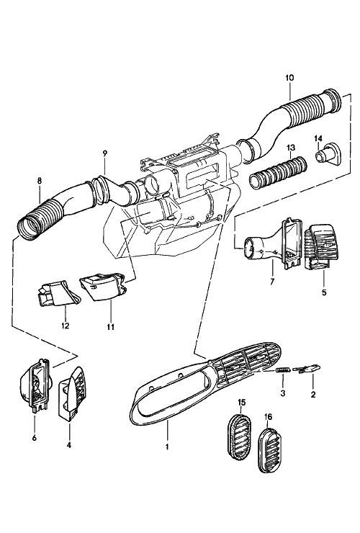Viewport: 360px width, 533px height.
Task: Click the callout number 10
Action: pos(289,78)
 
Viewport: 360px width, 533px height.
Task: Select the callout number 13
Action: pos(291,148)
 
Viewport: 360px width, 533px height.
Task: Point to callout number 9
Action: pos(104,153)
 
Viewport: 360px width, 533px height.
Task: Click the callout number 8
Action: pos(40,181)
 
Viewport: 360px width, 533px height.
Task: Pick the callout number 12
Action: pos(66,326)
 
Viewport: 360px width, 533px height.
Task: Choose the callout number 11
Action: pos(110,327)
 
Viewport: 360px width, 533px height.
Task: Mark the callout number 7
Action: pos(272,282)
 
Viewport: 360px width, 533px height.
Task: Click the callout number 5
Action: pos(324,292)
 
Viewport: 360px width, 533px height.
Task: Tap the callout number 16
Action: pos(268,417)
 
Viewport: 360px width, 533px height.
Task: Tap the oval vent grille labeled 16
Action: pos(270,451)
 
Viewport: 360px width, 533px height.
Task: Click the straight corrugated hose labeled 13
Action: pos(278,172)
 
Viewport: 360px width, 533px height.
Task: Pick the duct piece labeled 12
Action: pos(58,293)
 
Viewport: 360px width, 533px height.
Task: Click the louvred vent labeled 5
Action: pos(321,247)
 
